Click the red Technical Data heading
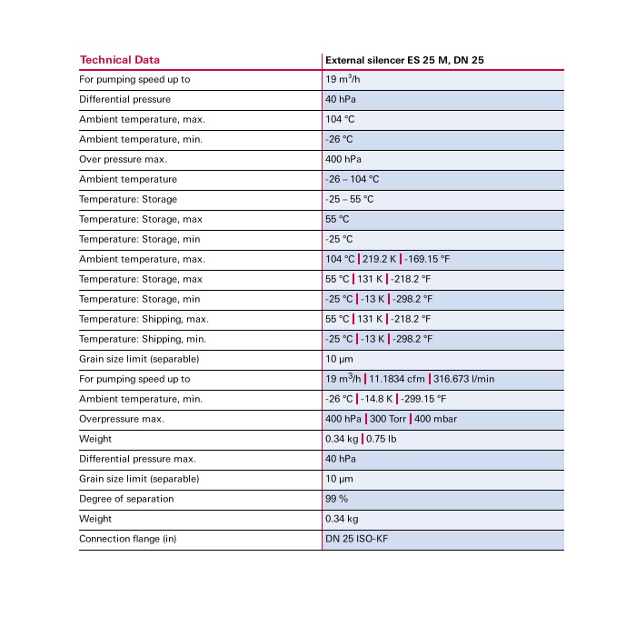[119, 60]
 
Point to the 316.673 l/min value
[464, 379]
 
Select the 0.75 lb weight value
[381, 439]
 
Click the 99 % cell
[336, 499]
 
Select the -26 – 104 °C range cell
[352, 179]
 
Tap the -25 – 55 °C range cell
[349, 199]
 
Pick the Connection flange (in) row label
[127, 539]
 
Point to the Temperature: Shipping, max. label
[144, 319]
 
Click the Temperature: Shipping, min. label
[143, 339]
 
